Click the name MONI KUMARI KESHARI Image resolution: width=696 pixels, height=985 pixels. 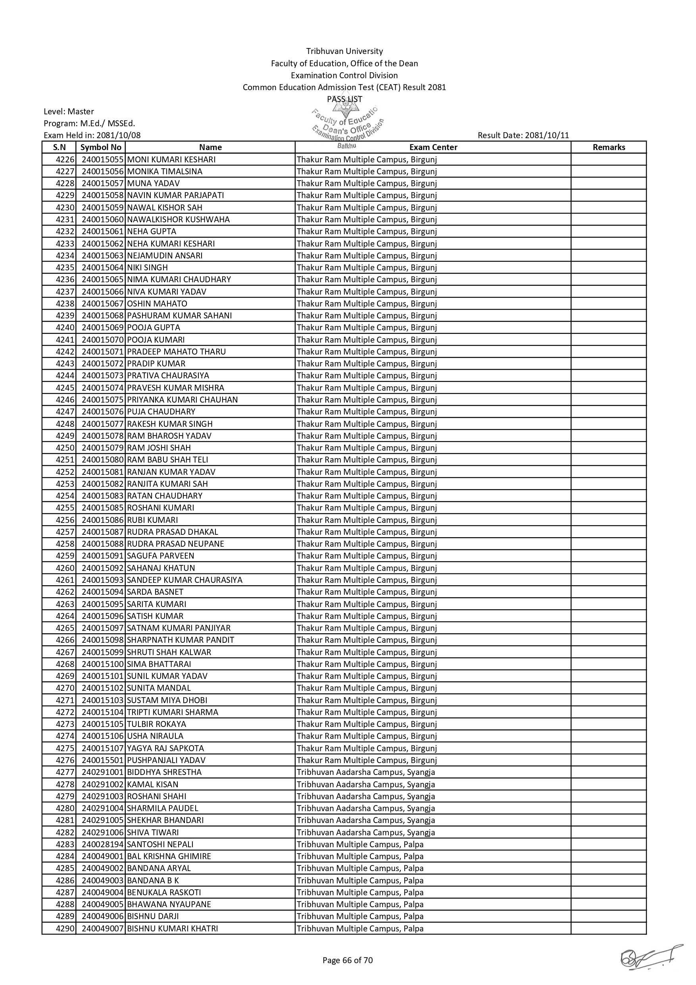171,160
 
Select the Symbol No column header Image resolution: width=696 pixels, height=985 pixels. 101,147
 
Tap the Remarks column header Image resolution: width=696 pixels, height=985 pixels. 609,147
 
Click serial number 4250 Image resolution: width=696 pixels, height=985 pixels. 65,447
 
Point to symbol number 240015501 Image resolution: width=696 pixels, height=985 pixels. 103,760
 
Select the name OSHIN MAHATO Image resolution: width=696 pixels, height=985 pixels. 157,303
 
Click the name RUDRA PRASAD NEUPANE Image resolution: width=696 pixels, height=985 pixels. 175,544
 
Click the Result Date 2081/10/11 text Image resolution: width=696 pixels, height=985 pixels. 523,135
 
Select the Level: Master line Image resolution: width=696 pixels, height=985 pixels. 69,112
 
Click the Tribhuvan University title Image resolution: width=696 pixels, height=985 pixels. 344,51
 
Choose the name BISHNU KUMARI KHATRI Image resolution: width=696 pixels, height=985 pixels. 172,928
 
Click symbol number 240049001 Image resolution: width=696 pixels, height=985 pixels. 103,856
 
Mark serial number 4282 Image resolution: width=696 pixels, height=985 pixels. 65,832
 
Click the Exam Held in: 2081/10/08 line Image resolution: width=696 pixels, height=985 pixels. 92,135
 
